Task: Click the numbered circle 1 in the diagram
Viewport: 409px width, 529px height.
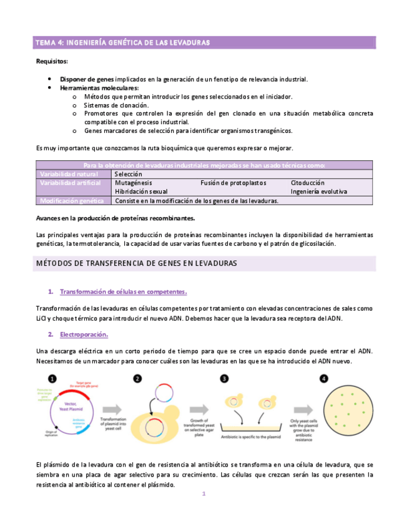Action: point(53,378)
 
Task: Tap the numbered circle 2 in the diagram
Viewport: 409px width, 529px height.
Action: point(138,378)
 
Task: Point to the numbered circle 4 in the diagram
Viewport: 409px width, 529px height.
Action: point(323,378)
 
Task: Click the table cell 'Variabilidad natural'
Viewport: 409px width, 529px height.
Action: point(69,174)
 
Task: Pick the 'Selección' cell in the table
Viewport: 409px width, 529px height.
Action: point(129,174)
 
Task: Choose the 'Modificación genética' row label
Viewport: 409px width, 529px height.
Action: point(72,201)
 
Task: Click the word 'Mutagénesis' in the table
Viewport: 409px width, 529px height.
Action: point(134,183)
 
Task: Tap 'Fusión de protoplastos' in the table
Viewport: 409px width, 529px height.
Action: point(234,183)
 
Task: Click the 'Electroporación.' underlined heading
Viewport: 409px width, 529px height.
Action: point(84,334)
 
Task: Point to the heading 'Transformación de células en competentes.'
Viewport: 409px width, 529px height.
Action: point(123,292)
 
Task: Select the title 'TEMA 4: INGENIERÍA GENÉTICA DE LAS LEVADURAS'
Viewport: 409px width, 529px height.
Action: point(122,43)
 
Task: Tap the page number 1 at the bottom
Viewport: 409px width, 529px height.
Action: point(204,494)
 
